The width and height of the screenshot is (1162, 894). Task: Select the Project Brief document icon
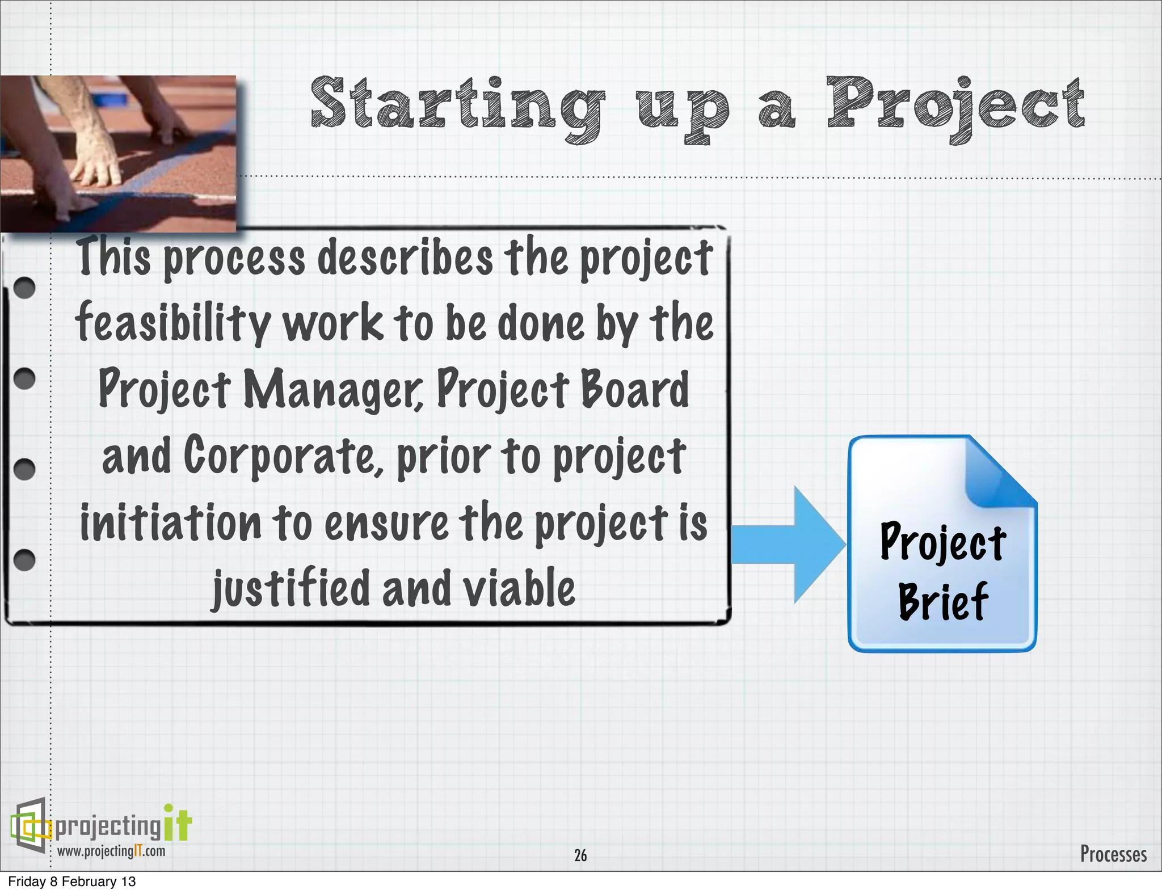click(x=942, y=543)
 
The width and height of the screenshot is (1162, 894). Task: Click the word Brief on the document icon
click(x=943, y=601)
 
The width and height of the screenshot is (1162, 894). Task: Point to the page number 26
click(x=580, y=855)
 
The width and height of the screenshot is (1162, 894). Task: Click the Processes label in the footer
click(x=1113, y=854)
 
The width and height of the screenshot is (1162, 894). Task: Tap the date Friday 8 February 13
click(x=72, y=882)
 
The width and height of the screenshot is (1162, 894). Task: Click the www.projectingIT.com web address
click(x=111, y=851)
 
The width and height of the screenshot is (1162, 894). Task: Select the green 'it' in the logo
click(x=178, y=824)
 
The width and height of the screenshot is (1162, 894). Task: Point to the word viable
click(x=519, y=589)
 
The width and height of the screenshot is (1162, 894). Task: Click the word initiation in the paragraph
click(x=170, y=523)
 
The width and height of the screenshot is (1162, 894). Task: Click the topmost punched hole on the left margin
click(x=24, y=288)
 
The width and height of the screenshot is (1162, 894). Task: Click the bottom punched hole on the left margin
click(x=24, y=560)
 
